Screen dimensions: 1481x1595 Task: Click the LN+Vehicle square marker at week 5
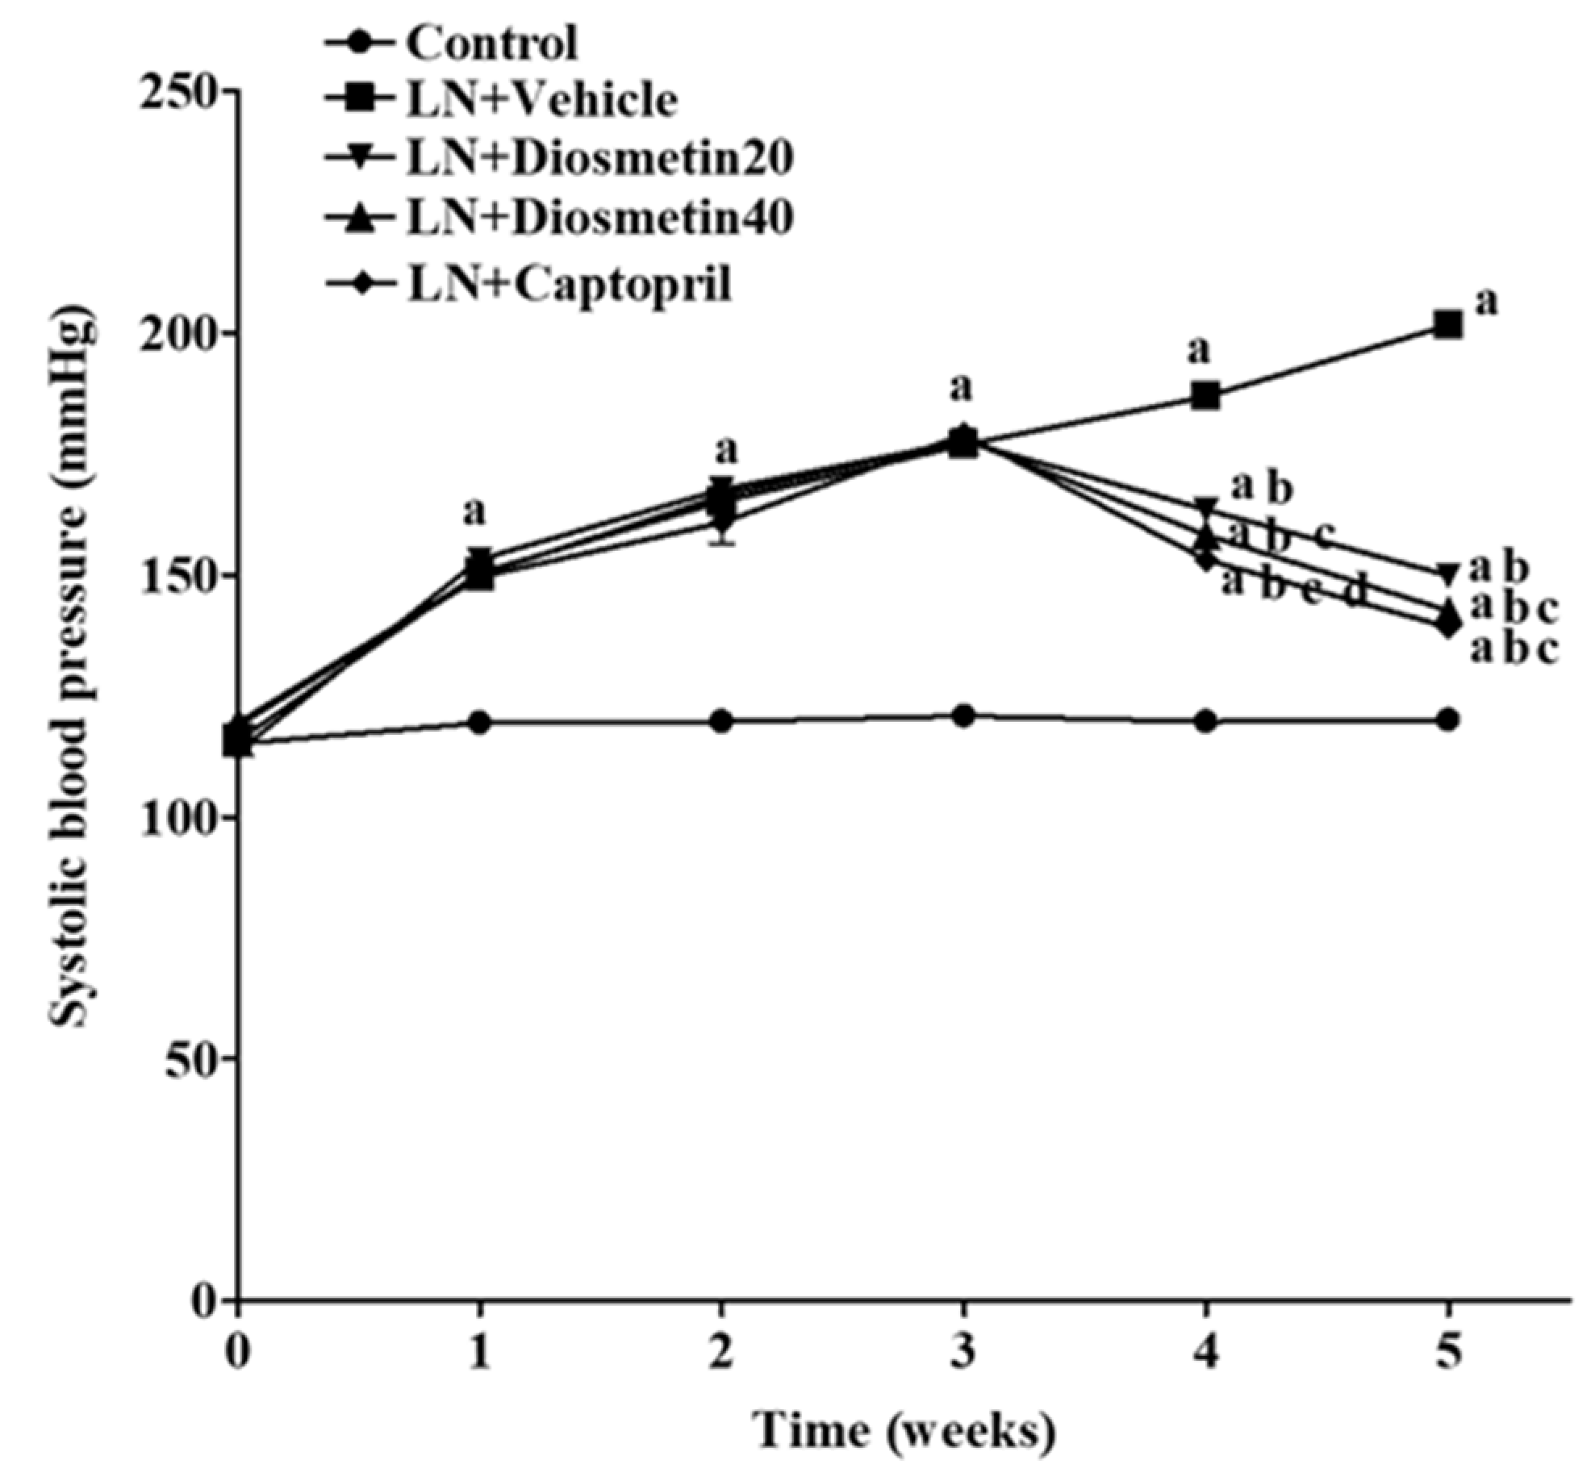[x=1448, y=325]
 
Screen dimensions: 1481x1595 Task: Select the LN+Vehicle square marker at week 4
[x=1206, y=396]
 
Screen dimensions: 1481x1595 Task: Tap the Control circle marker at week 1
[x=479, y=721]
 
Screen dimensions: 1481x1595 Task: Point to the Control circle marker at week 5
[x=1448, y=720]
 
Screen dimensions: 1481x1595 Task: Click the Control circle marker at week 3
[x=963, y=715]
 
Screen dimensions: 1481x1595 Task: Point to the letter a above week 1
[x=474, y=512]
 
